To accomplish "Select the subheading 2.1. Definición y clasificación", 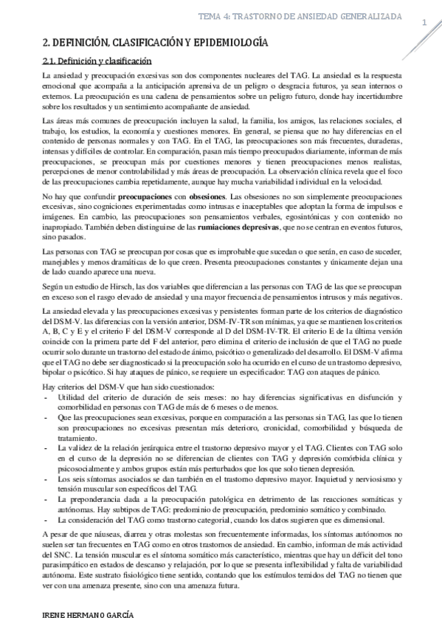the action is click(97, 62).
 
